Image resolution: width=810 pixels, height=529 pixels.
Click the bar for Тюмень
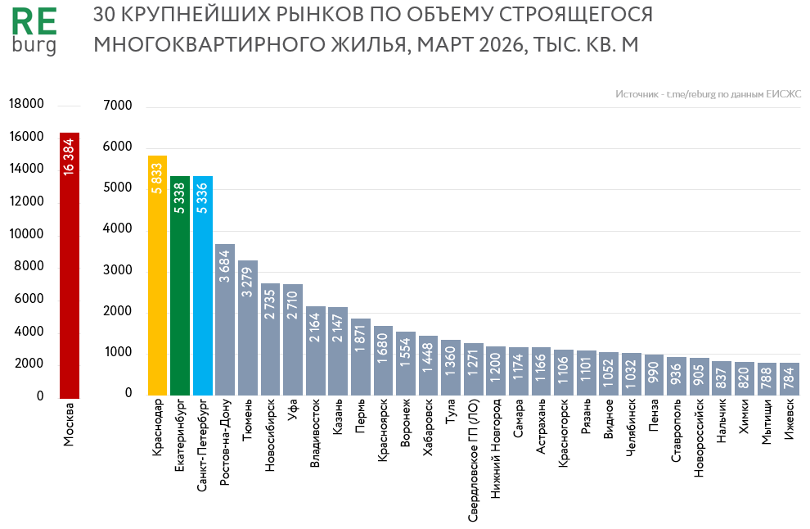[248, 328]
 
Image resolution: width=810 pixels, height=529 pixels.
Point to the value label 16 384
[70, 156]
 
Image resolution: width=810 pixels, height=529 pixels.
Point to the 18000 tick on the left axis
[26, 104]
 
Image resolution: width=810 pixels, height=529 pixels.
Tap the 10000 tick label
[26, 234]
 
